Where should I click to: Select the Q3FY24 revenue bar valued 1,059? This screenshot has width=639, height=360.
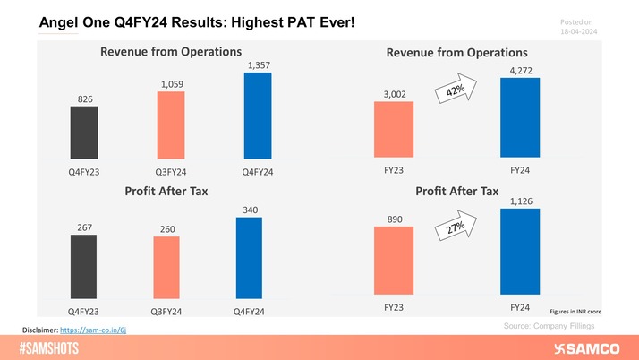pos(170,124)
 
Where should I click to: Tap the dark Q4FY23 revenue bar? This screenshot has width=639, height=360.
pos(83,131)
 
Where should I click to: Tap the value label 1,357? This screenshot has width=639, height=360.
pos(257,64)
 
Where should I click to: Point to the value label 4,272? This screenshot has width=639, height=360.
pos(521,69)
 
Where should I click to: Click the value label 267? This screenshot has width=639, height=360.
pos(83,227)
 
